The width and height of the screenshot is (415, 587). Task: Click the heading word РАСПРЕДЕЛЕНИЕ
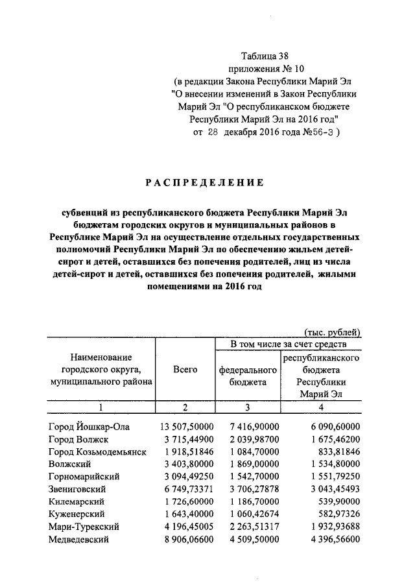[204, 183]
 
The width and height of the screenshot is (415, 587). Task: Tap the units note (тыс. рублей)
[332, 331]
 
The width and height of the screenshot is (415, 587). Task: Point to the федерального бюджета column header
[248, 376]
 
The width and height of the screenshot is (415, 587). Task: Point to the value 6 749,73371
[185, 489]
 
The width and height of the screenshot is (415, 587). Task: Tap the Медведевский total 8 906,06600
[185, 540]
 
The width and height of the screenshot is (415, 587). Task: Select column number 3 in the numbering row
[247, 407]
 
